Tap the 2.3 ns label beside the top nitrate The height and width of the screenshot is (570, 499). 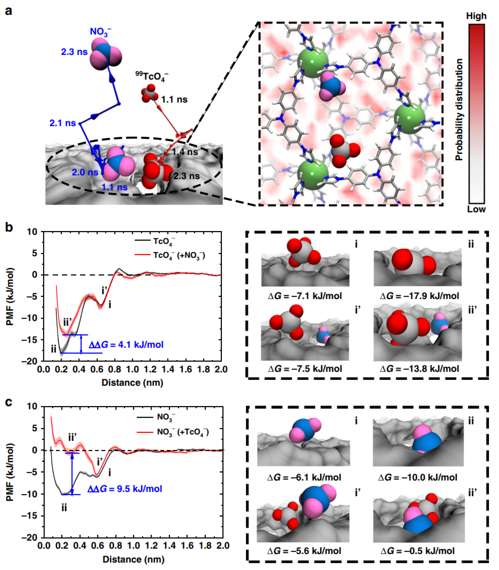click(x=74, y=52)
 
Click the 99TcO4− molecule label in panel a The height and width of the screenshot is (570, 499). click(x=152, y=76)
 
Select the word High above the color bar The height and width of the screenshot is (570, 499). click(x=476, y=16)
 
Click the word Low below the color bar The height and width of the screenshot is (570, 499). click(x=476, y=209)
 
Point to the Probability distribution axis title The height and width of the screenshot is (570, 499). click(x=459, y=110)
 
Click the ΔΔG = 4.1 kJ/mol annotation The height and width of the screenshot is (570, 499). click(x=126, y=345)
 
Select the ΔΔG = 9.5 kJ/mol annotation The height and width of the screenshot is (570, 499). click(x=125, y=489)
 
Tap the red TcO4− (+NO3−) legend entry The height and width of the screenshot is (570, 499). click(x=179, y=255)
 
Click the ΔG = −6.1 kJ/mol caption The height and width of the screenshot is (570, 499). click(x=304, y=477)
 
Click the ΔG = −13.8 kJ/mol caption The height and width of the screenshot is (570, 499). click(x=419, y=369)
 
